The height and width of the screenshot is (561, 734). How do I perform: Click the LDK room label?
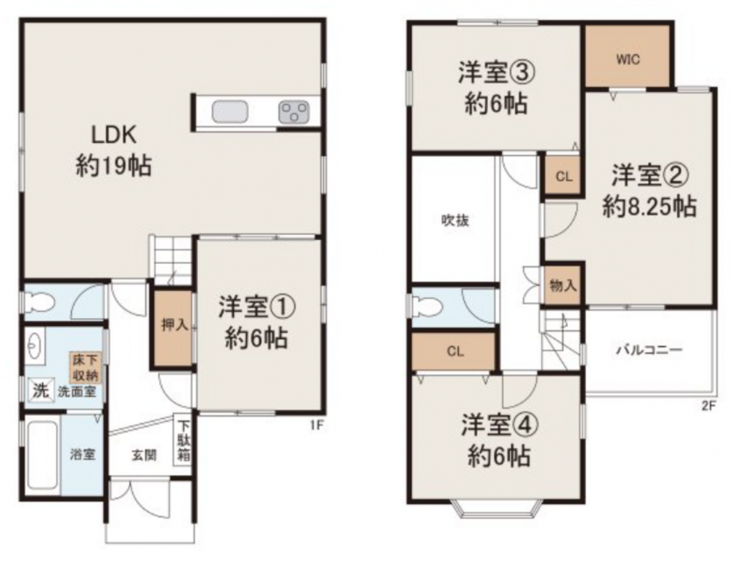pyautogui.click(x=114, y=135)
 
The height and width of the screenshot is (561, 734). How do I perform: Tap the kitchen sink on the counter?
pyautogui.click(x=229, y=112)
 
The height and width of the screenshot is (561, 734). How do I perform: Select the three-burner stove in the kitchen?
pyautogui.click(x=294, y=112)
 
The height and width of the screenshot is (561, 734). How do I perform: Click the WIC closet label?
pyautogui.click(x=628, y=60)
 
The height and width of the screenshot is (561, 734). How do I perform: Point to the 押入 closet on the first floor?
pyautogui.click(x=174, y=328)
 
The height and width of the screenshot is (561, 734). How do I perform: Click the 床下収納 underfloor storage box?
pyautogui.click(x=86, y=367)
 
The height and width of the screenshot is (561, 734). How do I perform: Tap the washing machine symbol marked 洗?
pyautogui.click(x=40, y=390)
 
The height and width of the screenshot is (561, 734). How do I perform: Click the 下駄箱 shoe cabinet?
pyautogui.click(x=183, y=440)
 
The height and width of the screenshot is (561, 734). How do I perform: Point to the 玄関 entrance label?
pyautogui.click(x=144, y=456)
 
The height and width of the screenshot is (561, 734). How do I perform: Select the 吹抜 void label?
pyautogui.click(x=455, y=220)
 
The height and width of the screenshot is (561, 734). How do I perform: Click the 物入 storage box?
pyautogui.click(x=563, y=285)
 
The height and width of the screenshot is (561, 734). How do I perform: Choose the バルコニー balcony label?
pyautogui.click(x=649, y=350)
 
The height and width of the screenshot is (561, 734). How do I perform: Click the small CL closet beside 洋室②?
pyautogui.click(x=564, y=176)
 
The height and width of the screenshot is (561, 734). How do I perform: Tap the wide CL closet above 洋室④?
pyautogui.click(x=454, y=352)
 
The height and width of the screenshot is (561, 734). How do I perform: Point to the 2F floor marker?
pyautogui.click(x=709, y=406)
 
